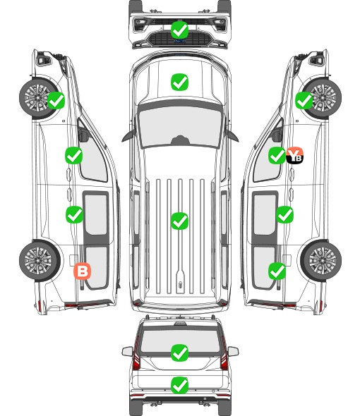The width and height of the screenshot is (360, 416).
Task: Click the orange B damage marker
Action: [83, 271]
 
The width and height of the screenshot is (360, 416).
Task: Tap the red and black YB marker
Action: [294, 155]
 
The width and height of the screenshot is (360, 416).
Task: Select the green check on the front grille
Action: [180, 30]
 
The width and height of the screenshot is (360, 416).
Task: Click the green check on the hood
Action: [180, 82]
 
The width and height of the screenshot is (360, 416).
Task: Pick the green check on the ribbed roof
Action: [180, 221]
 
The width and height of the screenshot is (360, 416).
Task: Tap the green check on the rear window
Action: [180, 353]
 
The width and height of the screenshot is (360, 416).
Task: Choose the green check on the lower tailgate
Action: [180, 385]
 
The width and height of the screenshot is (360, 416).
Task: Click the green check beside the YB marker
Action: [277, 155]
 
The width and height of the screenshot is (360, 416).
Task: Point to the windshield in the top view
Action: [180, 127]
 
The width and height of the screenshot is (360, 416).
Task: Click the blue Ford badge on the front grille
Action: [180, 41]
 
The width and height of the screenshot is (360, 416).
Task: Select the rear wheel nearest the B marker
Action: [40, 261]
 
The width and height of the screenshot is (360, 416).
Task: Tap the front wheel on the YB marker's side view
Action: [321, 98]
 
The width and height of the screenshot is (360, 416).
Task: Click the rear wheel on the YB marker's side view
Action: [321, 261]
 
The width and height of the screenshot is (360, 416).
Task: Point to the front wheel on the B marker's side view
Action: [40, 98]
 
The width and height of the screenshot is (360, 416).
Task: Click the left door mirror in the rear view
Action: [127, 352]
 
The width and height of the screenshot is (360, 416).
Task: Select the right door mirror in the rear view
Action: [233, 352]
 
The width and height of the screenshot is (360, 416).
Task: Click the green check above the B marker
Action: [74, 214]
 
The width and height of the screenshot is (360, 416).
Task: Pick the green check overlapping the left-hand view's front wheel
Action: [56, 101]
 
